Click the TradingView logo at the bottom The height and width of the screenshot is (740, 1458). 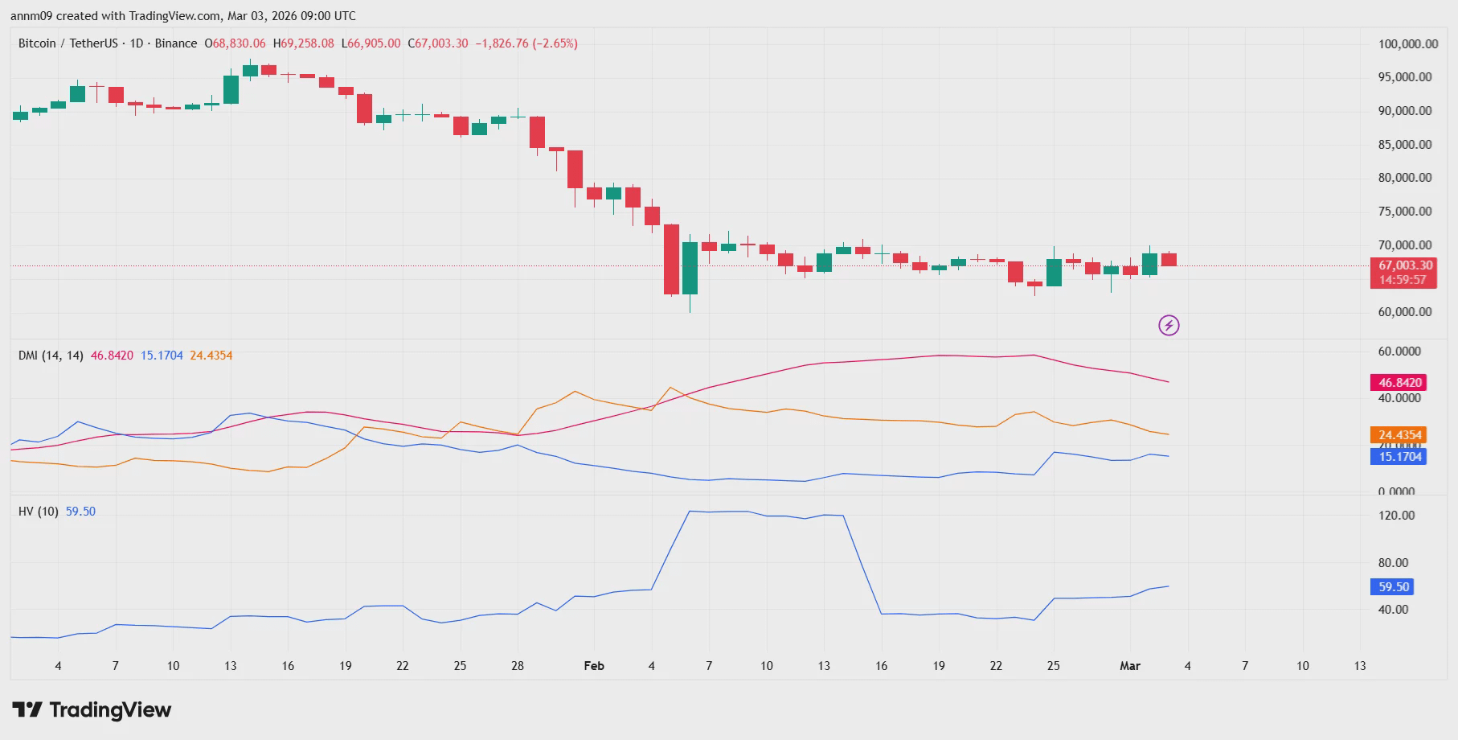point(92,710)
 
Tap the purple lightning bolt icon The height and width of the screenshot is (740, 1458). point(1169,325)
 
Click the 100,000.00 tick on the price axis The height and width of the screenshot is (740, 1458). point(1408,44)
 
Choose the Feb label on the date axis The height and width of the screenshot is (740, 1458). point(594,666)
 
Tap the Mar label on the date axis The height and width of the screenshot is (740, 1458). point(1130,666)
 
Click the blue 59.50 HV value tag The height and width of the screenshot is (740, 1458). point(1394,587)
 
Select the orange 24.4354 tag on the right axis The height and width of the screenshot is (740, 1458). point(1399,435)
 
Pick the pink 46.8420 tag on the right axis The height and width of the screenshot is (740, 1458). point(1399,383)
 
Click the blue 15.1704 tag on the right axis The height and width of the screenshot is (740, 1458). point(1399,457)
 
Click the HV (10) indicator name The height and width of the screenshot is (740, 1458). point(39,512)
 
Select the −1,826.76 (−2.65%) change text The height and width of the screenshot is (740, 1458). point(526,43)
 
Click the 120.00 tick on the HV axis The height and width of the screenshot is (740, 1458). point(1397,516)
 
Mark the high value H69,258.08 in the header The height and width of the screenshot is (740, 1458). point(304,43)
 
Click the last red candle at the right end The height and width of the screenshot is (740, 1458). point(1169,259)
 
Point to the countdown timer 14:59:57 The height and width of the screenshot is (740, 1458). point(1403,280)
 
